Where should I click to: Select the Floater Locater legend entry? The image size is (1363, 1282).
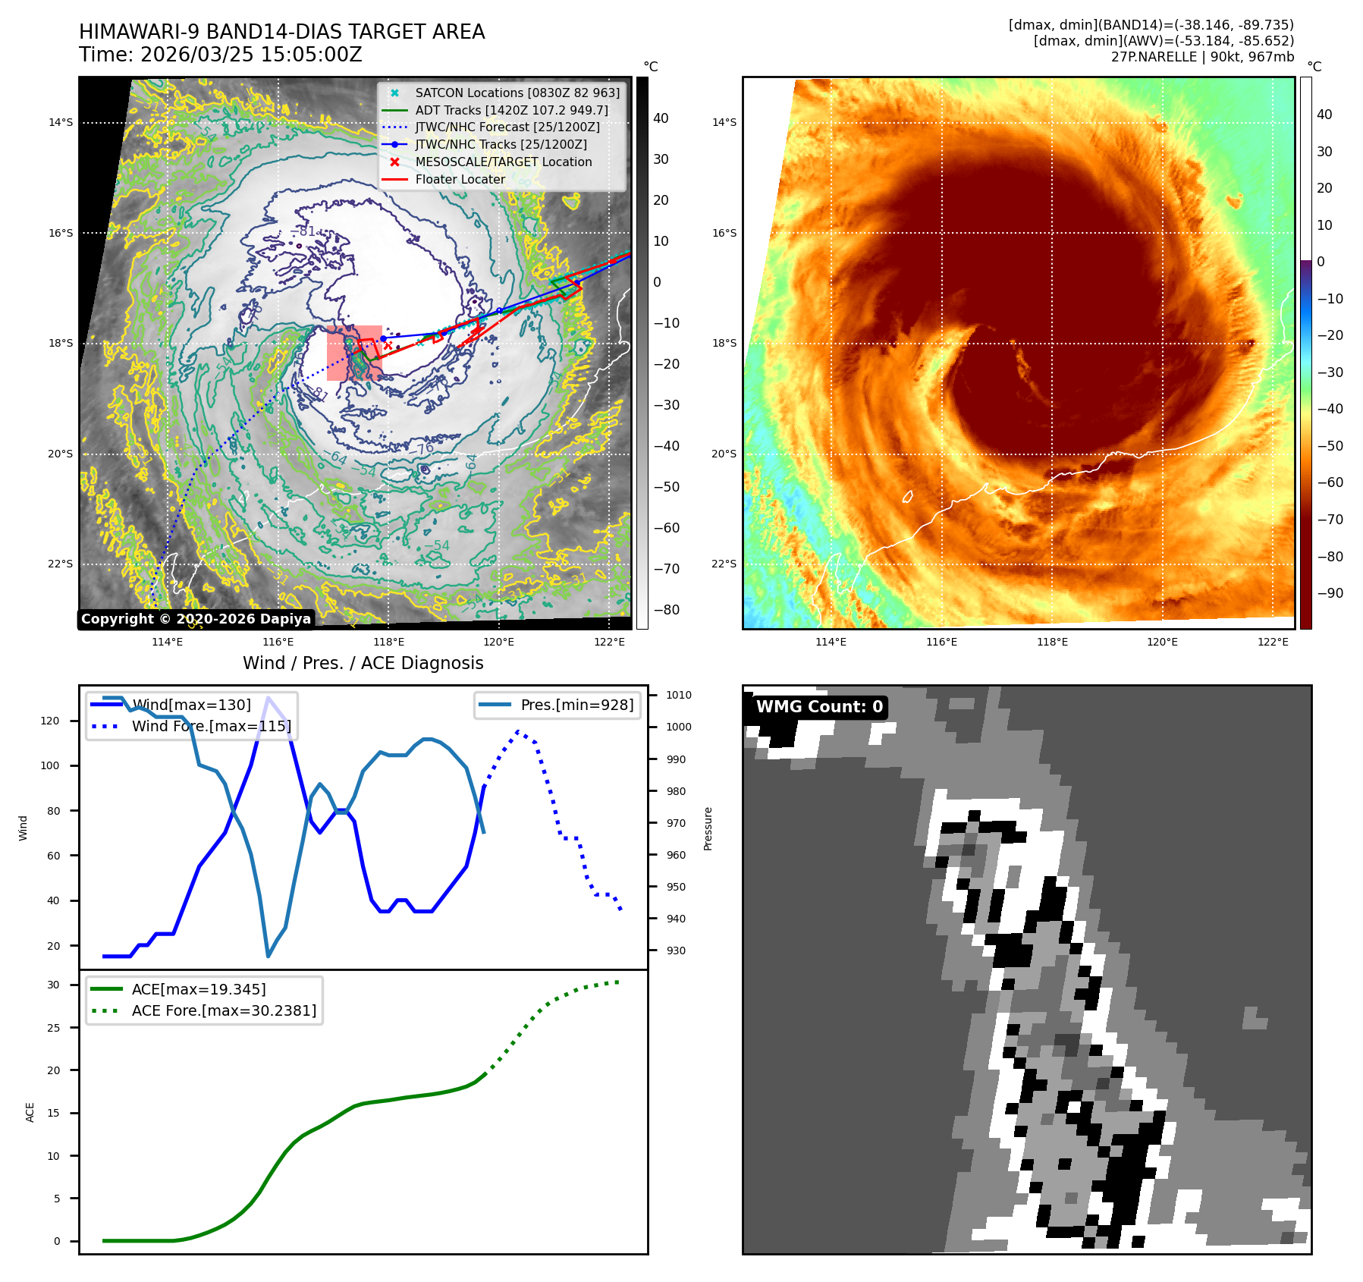click(x=460, y=179)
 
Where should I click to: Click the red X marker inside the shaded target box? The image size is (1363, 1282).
click(x=388, y=346)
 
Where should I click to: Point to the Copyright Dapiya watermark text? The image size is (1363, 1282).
click(x=196, y=619)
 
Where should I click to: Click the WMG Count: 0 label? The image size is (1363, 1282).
click(x=819, y=707)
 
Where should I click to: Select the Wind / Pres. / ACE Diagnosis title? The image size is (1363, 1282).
click(x=363, y=663)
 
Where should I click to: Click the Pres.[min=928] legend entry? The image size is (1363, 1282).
click(x=576, y=705)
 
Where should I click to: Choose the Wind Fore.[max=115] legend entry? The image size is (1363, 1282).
click(x=211, y=726)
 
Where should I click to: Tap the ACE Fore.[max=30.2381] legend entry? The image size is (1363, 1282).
click(x=224, y=1010)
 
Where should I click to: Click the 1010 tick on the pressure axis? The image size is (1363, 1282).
click(x=678, y=695)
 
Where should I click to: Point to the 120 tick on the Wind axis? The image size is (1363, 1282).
click(x=50, y=721)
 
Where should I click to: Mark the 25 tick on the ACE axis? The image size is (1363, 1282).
click(x=53, y=1028)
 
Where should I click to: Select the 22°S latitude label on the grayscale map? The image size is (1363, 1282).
click(x=61, y=564)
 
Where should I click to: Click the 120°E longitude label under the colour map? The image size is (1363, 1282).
click(x=1162, y=642)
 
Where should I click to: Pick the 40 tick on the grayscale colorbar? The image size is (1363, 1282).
click(x=661, y=118)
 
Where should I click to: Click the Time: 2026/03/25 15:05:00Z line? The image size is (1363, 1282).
click(x=220, y=55)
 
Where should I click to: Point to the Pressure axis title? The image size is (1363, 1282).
click(x=708, y=828)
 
